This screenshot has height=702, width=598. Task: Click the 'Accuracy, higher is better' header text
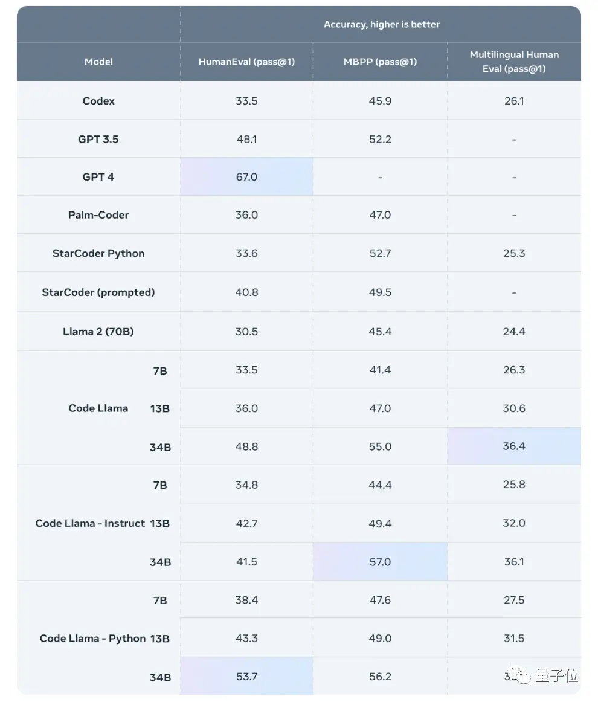[381, 24]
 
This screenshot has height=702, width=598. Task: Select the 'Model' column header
[98, 62]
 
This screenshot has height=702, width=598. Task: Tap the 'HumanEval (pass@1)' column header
[246, 62]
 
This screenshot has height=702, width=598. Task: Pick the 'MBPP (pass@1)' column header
[380, 62]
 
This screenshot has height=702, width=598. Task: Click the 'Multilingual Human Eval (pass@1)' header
[514, 62]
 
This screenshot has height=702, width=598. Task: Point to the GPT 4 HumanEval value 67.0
[246, 177]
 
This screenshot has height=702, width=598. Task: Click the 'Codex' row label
[98, 101]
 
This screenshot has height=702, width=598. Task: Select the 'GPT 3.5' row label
[98, 139]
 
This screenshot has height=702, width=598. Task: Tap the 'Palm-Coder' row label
[98, 215]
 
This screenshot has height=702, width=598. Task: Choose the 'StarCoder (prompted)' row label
[98, 292]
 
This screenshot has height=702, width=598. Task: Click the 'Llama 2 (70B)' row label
[98, 332]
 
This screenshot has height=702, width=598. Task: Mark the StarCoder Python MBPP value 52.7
[380, 253]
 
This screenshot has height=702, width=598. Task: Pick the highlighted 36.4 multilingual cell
[514, 446]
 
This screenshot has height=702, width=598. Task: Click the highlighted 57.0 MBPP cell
[380, 562]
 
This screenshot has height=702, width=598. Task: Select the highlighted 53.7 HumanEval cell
[246, 677]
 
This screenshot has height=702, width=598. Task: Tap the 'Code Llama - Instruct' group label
[91, 523]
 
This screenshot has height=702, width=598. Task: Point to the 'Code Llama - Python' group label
[93, 639]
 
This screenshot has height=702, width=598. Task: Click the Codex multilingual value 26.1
[514, 101]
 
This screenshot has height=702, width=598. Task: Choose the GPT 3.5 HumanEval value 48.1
[246, 139]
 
